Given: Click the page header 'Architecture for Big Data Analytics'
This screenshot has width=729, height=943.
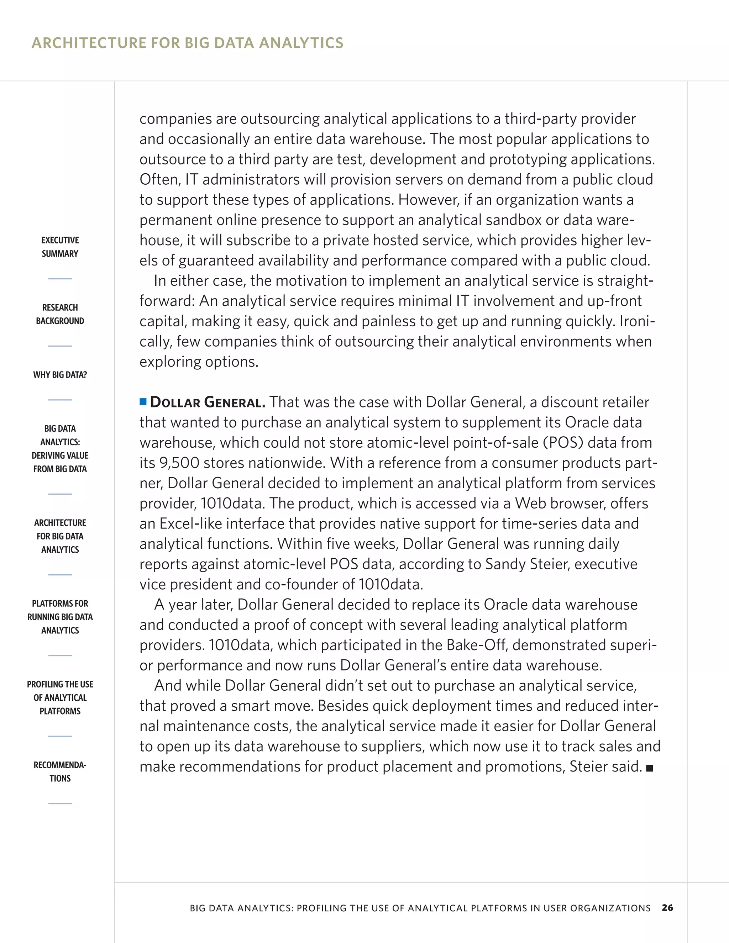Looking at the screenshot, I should point(188,43).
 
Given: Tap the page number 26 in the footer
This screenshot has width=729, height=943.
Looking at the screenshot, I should point(667,908).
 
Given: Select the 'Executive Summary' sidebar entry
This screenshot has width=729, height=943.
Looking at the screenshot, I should point(60,247).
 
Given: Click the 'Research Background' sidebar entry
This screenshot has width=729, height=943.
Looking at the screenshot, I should point(60,314).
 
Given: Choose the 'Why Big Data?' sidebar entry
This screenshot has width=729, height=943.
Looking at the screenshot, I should point(60,375).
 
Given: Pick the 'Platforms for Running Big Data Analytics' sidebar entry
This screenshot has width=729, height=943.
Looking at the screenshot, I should point(60,617).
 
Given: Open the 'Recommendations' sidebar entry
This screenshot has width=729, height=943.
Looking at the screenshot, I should point(60,771).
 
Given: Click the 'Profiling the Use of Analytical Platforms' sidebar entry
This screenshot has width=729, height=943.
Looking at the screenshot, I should point(60,697).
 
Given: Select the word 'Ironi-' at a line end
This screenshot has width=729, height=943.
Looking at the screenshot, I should point(637,321).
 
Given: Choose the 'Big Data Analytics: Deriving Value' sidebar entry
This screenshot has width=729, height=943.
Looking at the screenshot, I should point(60,449).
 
